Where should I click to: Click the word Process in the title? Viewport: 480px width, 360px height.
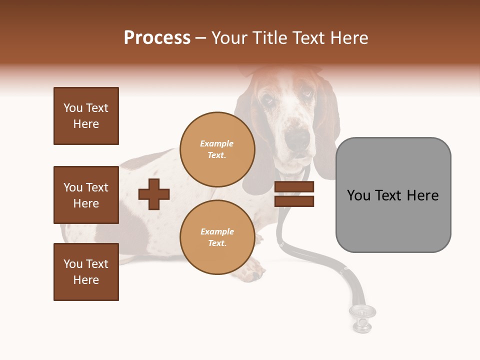coord(157,38)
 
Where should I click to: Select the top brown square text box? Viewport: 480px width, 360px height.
coord(86,116)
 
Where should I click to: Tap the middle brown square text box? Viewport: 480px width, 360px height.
coord(86,195)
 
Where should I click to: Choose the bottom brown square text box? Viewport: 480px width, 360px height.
coord(86,272)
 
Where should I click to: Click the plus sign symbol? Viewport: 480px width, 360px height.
coord(154,194)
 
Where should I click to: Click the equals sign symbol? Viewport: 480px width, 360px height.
coord(294,194)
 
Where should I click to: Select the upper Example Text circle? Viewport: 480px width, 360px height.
coord(217,149)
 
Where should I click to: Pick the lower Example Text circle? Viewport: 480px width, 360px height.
coord(217,237)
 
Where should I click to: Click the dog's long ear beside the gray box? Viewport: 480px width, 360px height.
coord(327,130)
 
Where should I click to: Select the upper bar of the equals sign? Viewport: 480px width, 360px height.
coord(294,187)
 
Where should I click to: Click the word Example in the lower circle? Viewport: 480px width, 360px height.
coord(217,231)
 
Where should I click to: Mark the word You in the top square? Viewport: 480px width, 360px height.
coord(72,108)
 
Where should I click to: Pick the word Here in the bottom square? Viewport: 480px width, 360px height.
coord(86,280)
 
